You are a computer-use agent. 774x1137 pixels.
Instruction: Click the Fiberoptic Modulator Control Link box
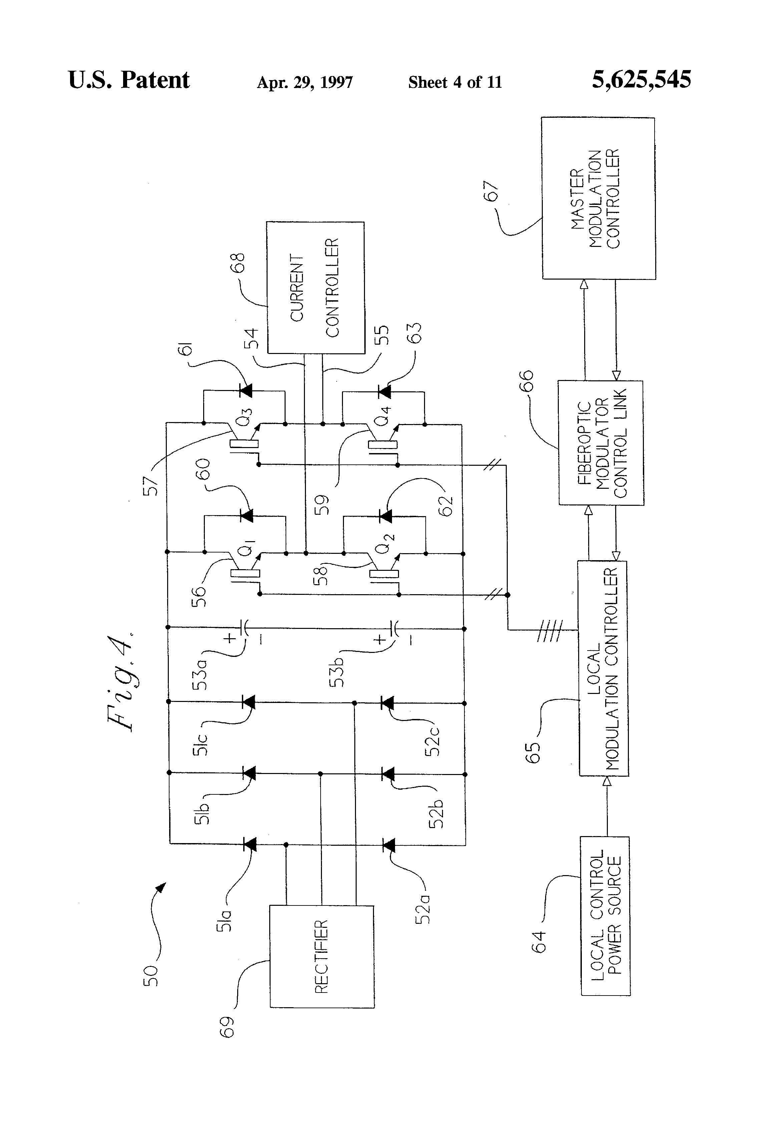tap(601, 443)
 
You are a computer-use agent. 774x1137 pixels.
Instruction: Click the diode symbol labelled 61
tap(246, 390)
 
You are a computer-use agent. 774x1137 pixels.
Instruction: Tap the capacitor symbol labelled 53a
tap(245, 627)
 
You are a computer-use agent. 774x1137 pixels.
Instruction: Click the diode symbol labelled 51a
tap(250, 844)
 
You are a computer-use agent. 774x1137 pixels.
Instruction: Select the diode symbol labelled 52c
tap(387, 703)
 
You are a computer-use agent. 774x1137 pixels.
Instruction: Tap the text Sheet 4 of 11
tap(455, 82)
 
